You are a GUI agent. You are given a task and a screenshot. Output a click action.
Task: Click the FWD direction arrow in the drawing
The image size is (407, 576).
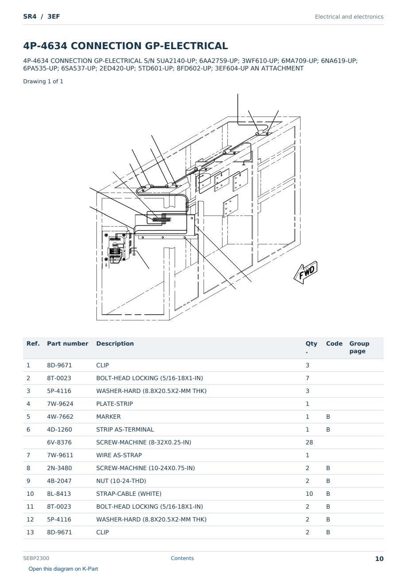[305, 272]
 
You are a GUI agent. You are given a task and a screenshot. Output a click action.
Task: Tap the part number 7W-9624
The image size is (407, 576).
[60, 404]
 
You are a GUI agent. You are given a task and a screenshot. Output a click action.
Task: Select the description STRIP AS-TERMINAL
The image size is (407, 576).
[125, 429]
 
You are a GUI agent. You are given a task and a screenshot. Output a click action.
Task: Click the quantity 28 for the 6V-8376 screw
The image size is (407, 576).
[309, 442]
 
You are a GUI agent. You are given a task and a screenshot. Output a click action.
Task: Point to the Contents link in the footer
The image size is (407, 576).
[182, 558]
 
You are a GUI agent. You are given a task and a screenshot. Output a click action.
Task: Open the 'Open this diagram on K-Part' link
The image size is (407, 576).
[63, 569]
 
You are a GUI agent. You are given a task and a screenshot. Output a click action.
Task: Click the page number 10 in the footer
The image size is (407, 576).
[379, 559]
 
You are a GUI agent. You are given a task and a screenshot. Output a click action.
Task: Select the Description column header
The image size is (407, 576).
[115, 343]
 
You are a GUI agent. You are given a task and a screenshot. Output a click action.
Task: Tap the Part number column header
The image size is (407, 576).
[68, 343]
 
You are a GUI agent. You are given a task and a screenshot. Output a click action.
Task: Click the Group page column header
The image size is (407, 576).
[359, 347]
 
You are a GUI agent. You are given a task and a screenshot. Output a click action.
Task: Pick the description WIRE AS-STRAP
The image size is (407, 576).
[119, 455]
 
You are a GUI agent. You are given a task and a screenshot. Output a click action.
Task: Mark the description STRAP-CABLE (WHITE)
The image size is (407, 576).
[129, 494]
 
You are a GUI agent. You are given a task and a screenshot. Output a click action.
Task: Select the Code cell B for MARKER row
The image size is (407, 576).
[328, 416]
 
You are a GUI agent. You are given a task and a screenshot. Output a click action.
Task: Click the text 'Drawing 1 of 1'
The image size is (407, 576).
[43, 82]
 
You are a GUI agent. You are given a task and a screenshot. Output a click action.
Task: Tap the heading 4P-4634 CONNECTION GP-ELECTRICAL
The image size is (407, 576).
[126, 46]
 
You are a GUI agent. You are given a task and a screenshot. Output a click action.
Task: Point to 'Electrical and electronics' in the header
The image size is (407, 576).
[349, 17]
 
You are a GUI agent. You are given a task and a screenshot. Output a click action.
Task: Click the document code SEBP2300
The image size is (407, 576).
[36, 558]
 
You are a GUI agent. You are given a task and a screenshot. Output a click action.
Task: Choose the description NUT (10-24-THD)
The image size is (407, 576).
[121, 481]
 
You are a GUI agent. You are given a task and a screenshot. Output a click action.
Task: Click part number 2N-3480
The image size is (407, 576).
[59, 468]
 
